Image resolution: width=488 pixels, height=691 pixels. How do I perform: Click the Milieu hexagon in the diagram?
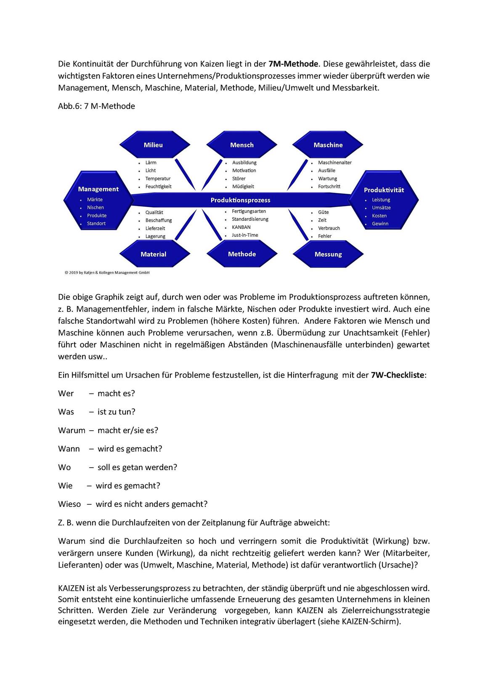click(153, 145)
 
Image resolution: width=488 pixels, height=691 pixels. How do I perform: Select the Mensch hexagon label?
click(242, 145)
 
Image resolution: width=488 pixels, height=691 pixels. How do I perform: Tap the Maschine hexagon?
click(328, 145)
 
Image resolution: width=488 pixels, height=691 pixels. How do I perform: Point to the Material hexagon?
click(153, 254)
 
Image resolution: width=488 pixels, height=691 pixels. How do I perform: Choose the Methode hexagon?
click(242, 254)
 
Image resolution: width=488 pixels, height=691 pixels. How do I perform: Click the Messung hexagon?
click(328, 254)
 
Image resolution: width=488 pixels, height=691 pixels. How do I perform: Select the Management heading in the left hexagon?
click(98, 189)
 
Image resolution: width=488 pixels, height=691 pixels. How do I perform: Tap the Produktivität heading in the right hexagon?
click(384, 190)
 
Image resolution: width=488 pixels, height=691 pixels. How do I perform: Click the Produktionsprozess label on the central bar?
click(240, 200)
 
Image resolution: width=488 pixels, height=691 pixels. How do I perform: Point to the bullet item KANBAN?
click(241, 227)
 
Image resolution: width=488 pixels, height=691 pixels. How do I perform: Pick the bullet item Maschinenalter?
click(334, 163)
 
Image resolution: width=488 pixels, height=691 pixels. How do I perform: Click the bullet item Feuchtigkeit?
click(158, 186)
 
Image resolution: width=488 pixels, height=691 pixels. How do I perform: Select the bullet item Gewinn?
click(380, 224)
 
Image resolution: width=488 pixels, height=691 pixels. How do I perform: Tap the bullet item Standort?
click(96, 223)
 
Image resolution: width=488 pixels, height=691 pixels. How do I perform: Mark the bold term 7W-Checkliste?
click(398, 375)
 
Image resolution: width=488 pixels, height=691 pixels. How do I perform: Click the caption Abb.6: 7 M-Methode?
click(96, 106)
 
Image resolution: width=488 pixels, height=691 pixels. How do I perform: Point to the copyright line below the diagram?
click(107, 273)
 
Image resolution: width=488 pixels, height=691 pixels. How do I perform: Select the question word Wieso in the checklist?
click(69, 504)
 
